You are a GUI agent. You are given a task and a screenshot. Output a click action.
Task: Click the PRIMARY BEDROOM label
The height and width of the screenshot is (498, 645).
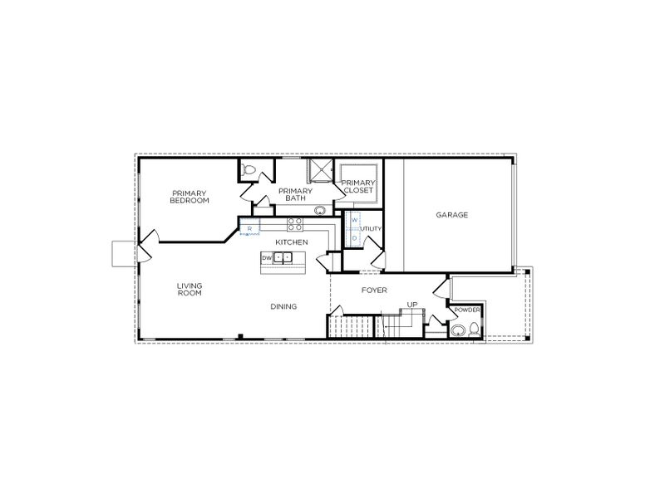[189, 198]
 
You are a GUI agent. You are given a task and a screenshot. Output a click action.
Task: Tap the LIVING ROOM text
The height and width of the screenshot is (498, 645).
[190, 289]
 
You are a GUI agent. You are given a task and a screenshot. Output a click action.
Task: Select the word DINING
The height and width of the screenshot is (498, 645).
[283, 306]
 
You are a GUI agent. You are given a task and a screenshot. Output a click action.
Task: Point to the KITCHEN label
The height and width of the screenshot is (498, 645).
[292, 242]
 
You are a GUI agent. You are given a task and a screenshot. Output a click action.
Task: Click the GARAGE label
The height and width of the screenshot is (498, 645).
[452, 215]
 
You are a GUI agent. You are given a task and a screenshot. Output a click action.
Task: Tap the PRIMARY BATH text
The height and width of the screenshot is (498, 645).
[295, 194]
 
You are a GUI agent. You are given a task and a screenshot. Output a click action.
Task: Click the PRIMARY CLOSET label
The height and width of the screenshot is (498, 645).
[358, 187]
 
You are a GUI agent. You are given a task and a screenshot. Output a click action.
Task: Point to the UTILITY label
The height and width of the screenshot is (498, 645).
[371, 228]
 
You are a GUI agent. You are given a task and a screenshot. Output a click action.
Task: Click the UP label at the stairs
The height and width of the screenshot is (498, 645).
[411, 305]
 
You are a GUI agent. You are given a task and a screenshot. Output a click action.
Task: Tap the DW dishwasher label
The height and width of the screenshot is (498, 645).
[267, 258]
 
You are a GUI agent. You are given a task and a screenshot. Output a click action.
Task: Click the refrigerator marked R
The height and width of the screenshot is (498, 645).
[249, 227]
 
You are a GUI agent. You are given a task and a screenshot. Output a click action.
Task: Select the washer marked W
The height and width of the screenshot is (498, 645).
[353, 220]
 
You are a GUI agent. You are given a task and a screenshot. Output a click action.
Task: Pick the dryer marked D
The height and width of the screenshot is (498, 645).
[353, 237]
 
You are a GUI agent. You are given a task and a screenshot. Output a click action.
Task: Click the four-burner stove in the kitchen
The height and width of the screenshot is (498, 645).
[294, 222]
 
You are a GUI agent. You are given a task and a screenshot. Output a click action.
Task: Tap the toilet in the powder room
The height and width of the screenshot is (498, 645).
[458, 330]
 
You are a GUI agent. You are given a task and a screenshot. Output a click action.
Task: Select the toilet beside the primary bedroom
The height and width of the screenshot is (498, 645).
[249, 171]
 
